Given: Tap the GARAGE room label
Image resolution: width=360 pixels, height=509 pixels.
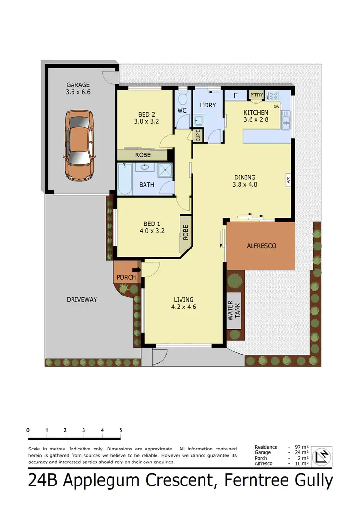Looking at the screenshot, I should tap(78, 85).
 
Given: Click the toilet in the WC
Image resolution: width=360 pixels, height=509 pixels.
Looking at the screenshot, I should tap(182, 99).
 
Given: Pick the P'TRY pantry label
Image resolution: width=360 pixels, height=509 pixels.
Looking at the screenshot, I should tap(256, 95).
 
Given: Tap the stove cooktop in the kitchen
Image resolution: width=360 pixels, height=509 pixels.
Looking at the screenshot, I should tap(273, 95).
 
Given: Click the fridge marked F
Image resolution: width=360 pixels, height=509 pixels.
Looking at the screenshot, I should tap(235, 95).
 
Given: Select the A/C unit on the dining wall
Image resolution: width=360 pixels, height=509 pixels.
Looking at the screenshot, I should tap(288, 180).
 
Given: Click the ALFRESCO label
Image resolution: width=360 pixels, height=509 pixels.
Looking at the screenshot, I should tap(261, 246).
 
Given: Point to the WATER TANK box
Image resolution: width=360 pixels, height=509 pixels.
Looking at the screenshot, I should tap(233, 310).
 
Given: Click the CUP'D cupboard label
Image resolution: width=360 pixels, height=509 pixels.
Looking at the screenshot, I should tap(197, 136).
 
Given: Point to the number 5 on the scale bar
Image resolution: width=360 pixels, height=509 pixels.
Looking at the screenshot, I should tap(120, 430).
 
